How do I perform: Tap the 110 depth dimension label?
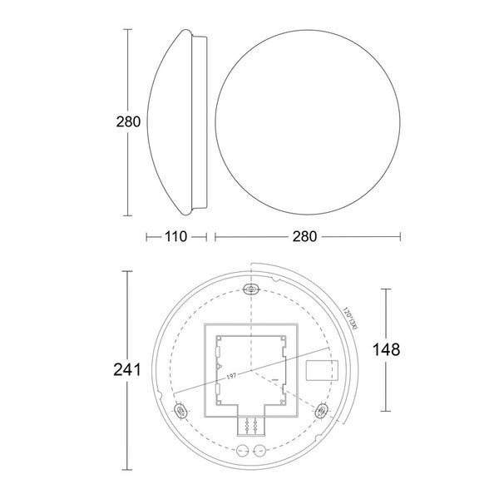[x=175, y=237]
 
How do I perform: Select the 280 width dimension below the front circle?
[x=305, y=237]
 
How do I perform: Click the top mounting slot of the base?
[x=251, y=289]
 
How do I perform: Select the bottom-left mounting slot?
[x=180, y=411]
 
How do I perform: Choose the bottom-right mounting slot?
[x=323, y=411]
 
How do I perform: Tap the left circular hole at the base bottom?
[x=243, y=452]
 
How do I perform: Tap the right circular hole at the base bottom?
[x=259, y=452]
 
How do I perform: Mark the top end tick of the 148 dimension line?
[x=384, y=289]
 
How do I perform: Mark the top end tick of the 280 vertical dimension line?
[x=128, y=29]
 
